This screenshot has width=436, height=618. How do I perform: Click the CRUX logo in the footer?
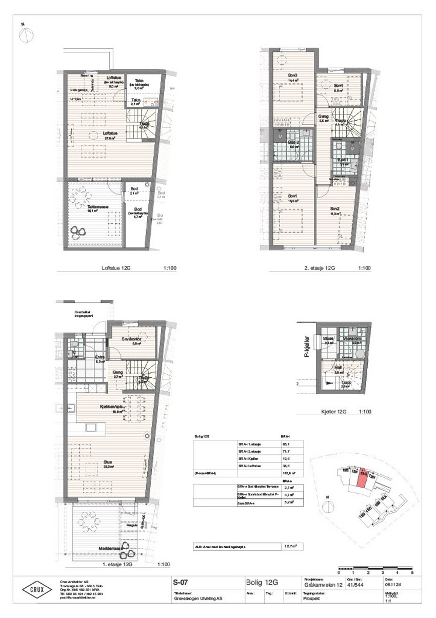click(x=36, y=589)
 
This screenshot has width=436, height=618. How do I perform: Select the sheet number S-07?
click(x=181, y=582)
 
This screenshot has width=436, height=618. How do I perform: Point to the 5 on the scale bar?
click(x=412, y=572)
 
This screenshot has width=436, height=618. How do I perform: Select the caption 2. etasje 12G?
click(x=319, y=268)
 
